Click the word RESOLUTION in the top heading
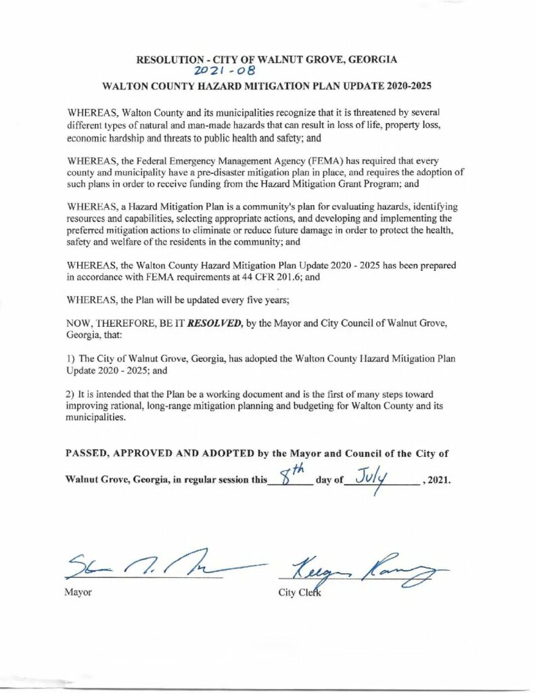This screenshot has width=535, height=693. pos(166,60)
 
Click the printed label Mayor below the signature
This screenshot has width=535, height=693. pos(78,593)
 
